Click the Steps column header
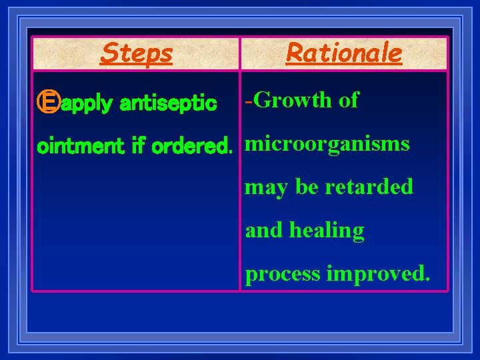pos(136,53)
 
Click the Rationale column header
pos(344,53)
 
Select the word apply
pos(86,104)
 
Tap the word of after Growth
pos(348,100)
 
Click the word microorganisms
pos(327,144)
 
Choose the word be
pos(307,187)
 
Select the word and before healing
pos(265,230)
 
